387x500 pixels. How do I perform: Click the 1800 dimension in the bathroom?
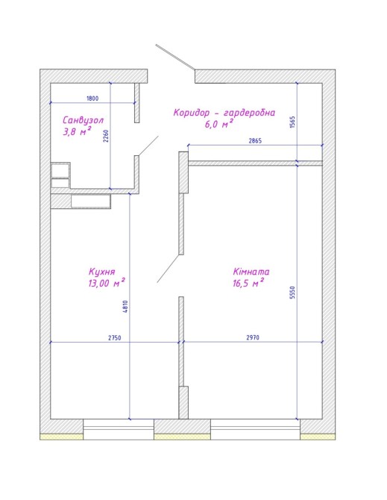[92, 99]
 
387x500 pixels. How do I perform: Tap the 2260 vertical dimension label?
[107, 136]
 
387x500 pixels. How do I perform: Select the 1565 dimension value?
[292, 122]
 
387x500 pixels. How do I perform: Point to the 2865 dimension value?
[255, 140]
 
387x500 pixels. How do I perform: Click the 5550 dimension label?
[292, 293]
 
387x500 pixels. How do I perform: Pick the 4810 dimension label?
[125, 307]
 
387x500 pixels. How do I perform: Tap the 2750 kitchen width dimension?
[115, 338]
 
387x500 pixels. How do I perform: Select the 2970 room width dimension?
[253, 337]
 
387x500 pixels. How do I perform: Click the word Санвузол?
[83, 121]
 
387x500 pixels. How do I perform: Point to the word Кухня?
[102, 272]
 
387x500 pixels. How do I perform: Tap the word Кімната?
[251, 272]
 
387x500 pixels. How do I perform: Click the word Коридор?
[192, 113]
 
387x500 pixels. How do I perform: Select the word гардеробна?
[249, 113]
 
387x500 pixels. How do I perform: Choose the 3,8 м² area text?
[77, 131]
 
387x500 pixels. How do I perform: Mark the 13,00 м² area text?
[107, 283]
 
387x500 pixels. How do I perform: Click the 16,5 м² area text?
[248, 283]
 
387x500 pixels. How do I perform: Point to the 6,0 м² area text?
[218, 124]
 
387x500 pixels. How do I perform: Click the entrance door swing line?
[175, 57]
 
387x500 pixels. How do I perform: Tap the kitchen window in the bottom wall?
[119, 430]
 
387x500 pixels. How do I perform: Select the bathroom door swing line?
[148, 146]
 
